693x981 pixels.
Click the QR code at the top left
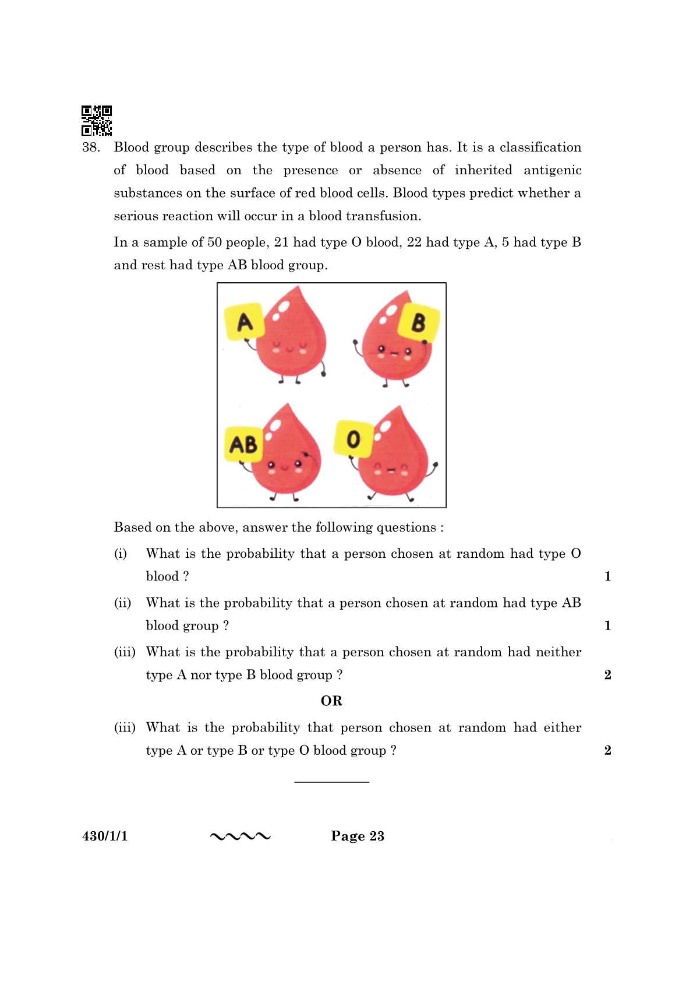(97, 120)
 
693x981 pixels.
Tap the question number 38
(91, 147)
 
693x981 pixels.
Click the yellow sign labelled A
(245, 321)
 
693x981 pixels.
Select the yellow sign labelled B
(418, 322)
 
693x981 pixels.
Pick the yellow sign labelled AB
(243, 444)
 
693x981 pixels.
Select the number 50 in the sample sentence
(214, 242)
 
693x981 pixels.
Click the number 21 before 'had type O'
(281, 242)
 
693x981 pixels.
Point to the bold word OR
(331, 701)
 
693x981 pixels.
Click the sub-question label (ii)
(122, 603)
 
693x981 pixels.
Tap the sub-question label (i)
(120, 554)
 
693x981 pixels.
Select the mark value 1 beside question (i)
(607, 576)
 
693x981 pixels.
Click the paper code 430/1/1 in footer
(105, 836)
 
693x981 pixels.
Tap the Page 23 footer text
(358, 836)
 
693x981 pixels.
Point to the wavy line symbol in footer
(240, 837)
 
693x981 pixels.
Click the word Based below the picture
(132, 528)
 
